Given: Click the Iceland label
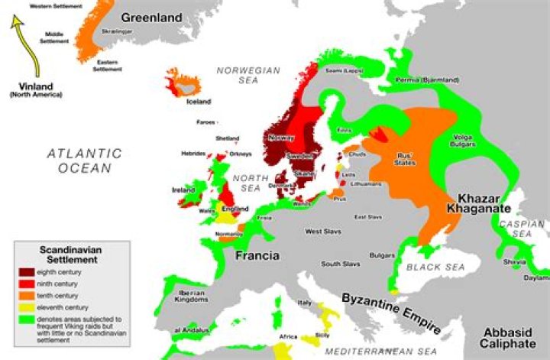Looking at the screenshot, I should point(199,102).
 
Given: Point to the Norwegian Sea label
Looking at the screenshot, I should point(248,75).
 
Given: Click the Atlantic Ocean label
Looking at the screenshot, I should point(84,161).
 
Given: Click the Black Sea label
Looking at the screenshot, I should point(432,267).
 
